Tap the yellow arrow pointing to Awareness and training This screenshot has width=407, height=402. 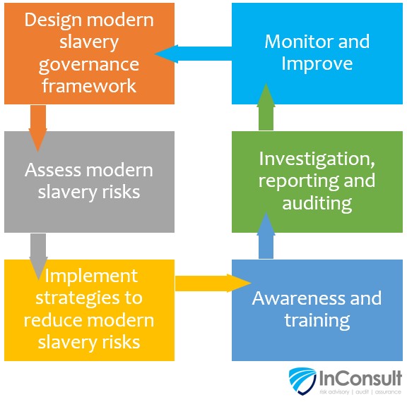tap(213, 283)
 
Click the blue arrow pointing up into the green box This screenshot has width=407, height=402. tap(266, 235)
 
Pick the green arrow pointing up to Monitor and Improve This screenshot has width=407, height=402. tap(266, 106)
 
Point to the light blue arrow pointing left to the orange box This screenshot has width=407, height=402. tap(193, 54)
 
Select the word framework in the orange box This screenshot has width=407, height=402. tap(89, 86)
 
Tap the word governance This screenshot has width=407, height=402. tap(89, 65)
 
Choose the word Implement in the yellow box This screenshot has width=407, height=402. tap(91, 277)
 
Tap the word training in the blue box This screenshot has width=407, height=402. tap(317, 321)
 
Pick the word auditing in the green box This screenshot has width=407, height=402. tap(317, 203)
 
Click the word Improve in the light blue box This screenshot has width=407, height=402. tap(317, 63)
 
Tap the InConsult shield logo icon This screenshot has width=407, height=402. tap(302, 381)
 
